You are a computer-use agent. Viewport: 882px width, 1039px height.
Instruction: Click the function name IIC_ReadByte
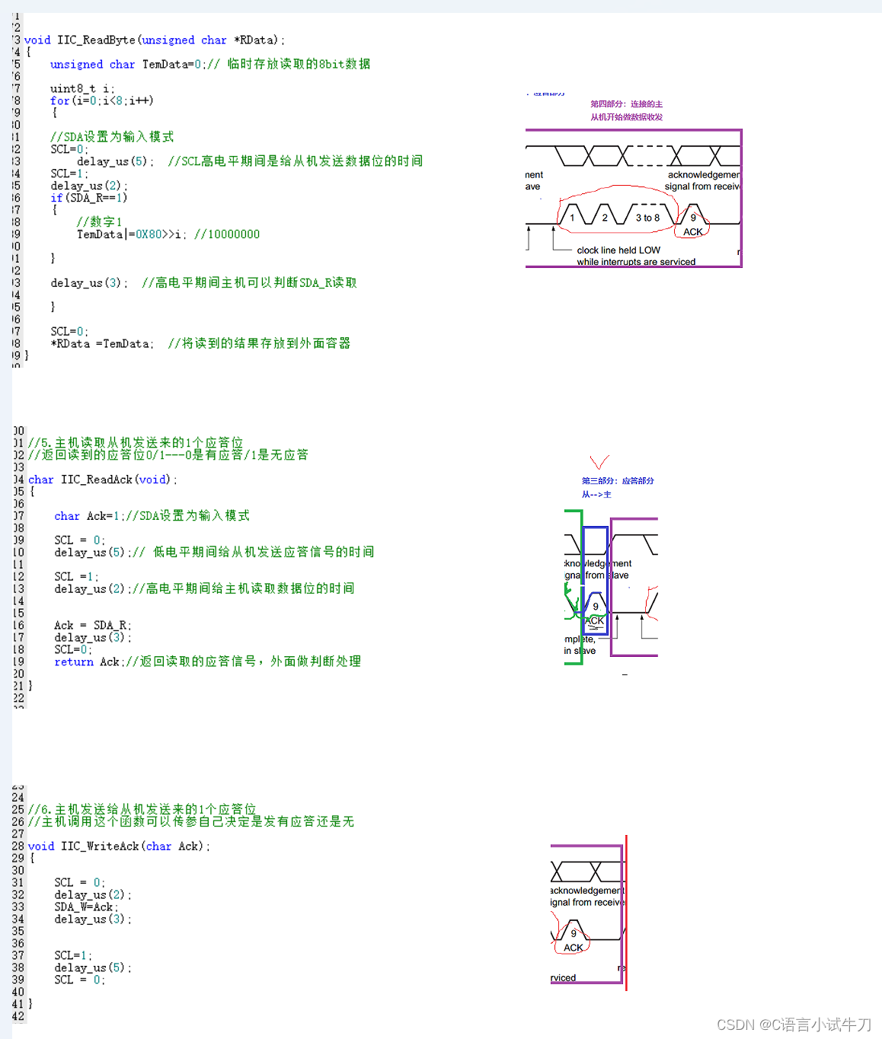(x=96, y=40)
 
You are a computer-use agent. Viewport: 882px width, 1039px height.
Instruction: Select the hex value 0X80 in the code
(x=149, y=234)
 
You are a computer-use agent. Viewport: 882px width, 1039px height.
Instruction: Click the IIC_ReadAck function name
(x=97, y=480)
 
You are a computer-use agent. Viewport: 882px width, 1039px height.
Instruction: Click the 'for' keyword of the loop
(x=59, y=100)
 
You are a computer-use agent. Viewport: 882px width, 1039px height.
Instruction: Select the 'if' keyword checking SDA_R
(x=56, y=198)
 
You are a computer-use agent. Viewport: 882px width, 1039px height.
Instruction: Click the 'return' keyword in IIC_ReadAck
(x=74, y=662)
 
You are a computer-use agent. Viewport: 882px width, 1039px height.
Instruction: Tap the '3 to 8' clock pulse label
(x=647, y=218)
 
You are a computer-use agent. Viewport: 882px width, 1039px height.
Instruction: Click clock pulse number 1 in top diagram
(x=573, y=218)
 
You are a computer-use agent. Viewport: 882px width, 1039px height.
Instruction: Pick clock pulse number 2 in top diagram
(x=605, y=218)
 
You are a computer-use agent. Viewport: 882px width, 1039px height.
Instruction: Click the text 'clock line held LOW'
(x=618, y=250)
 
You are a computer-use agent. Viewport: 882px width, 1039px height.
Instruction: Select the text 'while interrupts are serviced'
(x=636, y=262)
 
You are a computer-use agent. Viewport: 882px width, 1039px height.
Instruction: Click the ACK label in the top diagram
(x=693, y=232)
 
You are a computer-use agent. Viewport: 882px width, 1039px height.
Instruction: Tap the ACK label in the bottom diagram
(x=574, y=948)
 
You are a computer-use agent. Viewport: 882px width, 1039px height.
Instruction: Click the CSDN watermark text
(x=794, y=1025)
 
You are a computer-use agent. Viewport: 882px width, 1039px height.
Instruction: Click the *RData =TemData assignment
(x=102, y=344)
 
